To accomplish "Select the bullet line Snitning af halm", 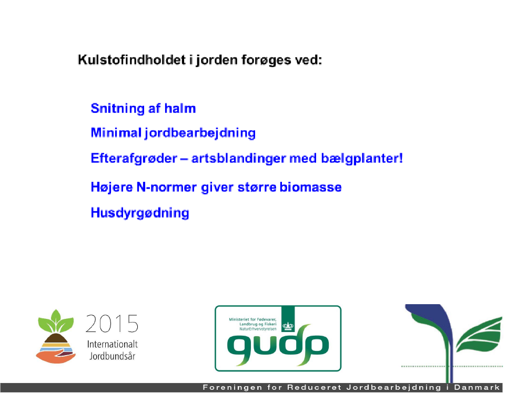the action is (x=143, y=108).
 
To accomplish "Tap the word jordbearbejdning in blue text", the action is (x=200, y=133).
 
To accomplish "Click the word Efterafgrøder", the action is (x=134, y=158).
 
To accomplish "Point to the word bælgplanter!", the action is (x=362, y=158).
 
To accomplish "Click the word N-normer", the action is (x=166, y=187).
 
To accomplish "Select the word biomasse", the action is (x=311, y=186).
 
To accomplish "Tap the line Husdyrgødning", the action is (x=140, y=213).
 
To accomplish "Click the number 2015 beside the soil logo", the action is (x=112, y=324).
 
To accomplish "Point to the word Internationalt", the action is (x=113, y=344).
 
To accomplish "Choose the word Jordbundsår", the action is (x=113, y=356).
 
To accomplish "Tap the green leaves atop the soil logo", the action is (x=56, y=321).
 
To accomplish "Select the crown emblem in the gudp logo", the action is (x=288, y=326).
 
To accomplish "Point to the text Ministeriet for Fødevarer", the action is (x=252, y=319).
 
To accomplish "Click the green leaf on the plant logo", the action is (x=479, y=335).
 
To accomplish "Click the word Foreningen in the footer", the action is (x=232, y=388).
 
